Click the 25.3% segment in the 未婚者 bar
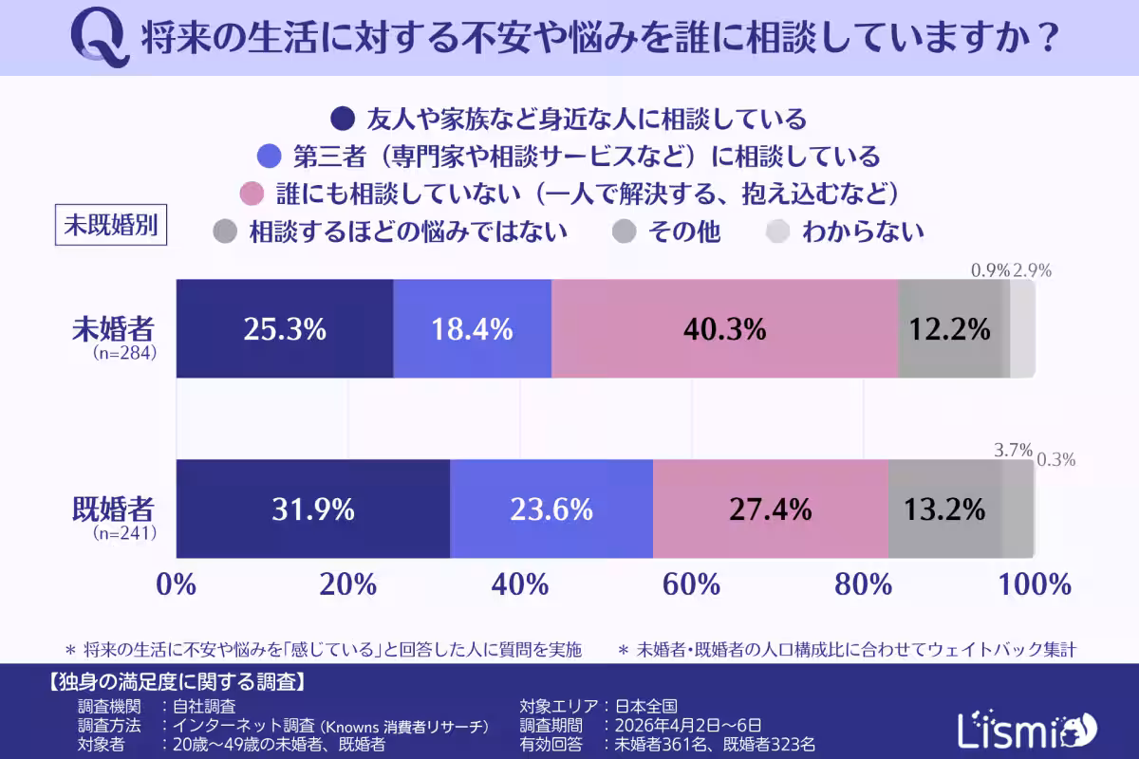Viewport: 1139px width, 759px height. click(x=285, y=329)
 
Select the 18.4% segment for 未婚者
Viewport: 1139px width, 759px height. click(x=472, y=329)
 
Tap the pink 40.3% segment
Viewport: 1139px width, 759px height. click(x=724, y=329)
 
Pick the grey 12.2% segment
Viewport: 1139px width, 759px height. click(x=949, y=329)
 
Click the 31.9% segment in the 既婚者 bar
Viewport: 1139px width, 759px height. click(x=312, y=509)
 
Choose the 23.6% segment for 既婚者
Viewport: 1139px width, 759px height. click(x=551, y=509)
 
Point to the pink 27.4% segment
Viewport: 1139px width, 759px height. click(x=770, y=509)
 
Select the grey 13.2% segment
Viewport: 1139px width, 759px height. click(x=944, y=509)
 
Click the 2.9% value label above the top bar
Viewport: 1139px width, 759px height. click(x=1032, y=270)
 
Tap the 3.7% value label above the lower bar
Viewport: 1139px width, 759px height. click(x=1013, y=451)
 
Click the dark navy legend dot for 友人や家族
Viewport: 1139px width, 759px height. click(x=342, y=120)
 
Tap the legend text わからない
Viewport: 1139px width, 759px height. click(x=862, y=231)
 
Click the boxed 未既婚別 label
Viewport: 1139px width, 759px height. click(x=111, y=226)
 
